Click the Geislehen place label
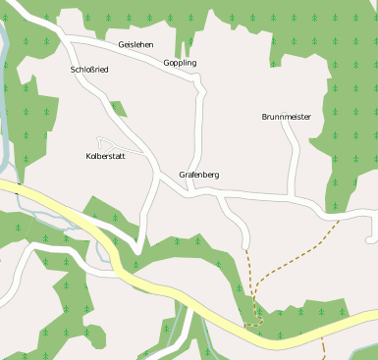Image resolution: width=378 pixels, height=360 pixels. coord(135,45)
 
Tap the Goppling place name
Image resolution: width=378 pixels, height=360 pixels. coord(180,63)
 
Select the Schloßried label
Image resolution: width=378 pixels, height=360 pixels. coord(89,71)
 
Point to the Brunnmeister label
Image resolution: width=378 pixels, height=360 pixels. coord(287,117)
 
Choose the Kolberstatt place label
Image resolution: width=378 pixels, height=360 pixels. coord(105,156)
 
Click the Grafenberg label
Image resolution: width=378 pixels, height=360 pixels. coord(198,175)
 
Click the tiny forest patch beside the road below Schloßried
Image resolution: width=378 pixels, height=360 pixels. coord(118,109)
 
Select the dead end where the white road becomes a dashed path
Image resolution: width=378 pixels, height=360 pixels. coord(245,244)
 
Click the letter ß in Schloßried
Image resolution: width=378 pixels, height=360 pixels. coord(90,71)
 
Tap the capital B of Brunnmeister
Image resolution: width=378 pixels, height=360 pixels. coord(265,117)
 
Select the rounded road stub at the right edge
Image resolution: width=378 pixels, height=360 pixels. coord(370,238)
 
